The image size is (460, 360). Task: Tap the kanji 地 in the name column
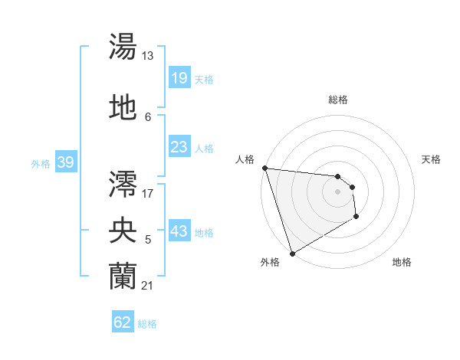tap(123, 108)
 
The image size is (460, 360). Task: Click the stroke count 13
tap(148, 56)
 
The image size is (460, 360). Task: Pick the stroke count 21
tap(148, 286)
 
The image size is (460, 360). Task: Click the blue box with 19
tap(179, 77)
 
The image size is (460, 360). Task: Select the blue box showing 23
tap(179, 146)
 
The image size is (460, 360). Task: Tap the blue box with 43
tap(179, 231)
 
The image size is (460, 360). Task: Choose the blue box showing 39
tap(65, 162)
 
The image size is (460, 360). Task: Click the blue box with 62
tap(123, 322)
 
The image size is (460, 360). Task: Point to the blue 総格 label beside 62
tap(147, 324)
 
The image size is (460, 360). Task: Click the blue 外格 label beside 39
tap(41, 163)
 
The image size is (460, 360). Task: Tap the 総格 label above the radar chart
tap(338, 100)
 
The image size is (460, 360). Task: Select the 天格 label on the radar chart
tap(432, 159)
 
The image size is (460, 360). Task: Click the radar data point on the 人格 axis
tap(264, 168)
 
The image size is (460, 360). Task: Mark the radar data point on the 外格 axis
tap(292, 253)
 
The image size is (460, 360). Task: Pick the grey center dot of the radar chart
tap(337, 191)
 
